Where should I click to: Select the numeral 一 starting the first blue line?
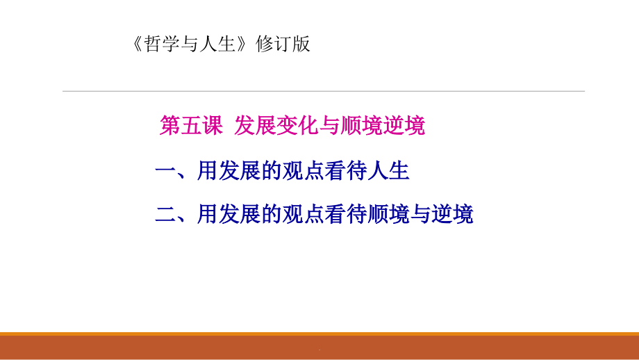[165, 171]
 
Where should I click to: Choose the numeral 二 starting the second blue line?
[165, 214]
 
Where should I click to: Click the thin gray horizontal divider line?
[323, 91]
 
